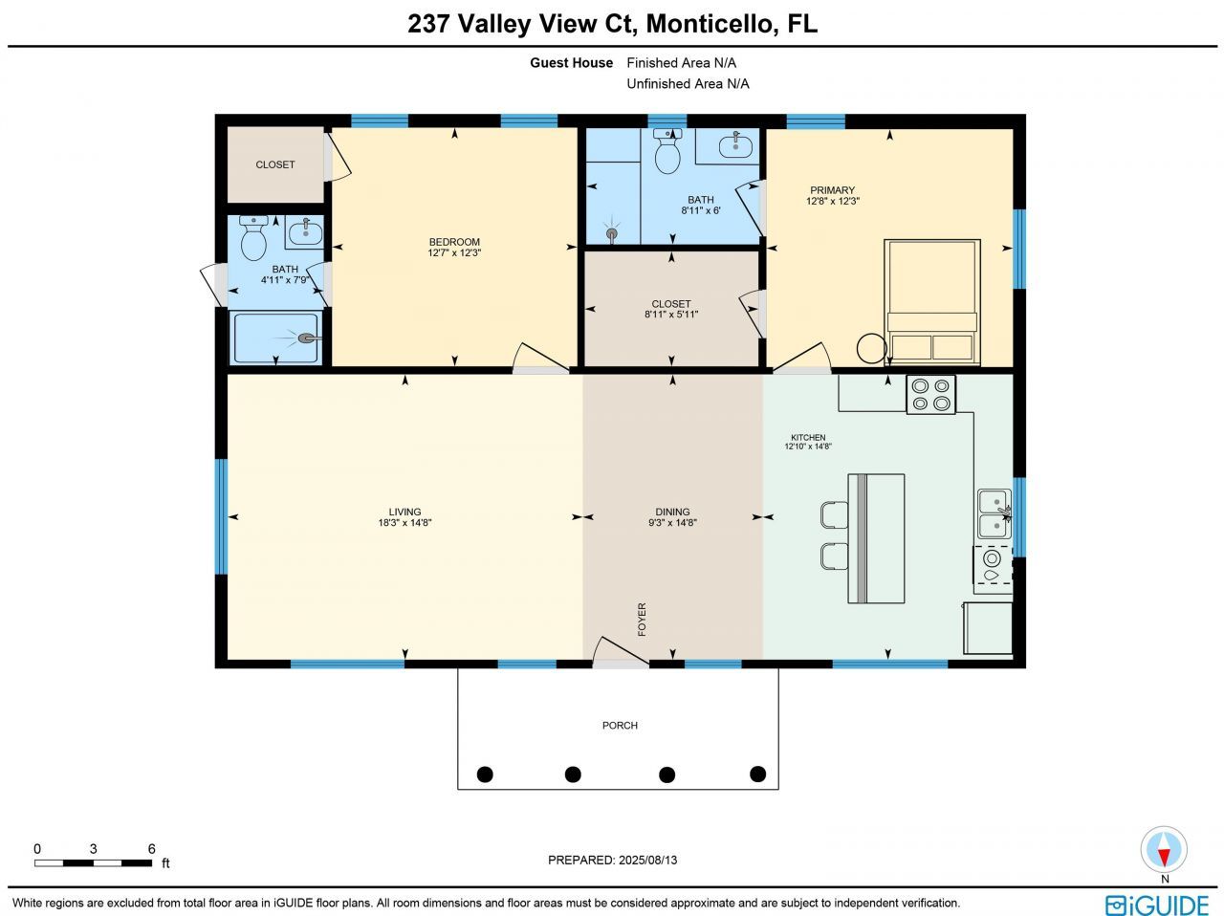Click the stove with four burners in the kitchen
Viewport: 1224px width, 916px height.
[x=930, y=394]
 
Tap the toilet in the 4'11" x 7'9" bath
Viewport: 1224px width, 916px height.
[x=253, y=240]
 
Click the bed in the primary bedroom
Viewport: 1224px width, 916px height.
[x=932, y=301]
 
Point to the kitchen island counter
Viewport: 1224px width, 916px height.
[x=876, y=538]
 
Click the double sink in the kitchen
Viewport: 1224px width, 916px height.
[x=994, y=514]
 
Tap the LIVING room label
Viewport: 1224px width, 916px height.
[x=404, y=512]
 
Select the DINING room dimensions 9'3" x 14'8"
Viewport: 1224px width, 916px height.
[x=673, y=523]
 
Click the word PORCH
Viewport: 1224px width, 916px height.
[x=620, y=726]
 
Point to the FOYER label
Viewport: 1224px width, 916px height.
[x=642, y=619]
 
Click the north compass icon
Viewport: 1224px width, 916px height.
[x=1164, y=850]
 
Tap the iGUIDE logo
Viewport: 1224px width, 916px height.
[x=1157, y=905]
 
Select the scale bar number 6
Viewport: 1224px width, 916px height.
[x=151, y=848]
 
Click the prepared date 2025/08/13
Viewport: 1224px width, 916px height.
[x=645, y=860]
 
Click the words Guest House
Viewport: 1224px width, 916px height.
[x=572, y=63]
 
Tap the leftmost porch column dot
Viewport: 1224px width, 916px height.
[x=485, y=774]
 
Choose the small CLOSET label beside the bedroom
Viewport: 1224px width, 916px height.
[x=275, y=164]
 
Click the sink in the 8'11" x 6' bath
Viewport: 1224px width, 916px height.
[x=735, y=146]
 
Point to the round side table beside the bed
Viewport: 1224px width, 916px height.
[x=871, y=348]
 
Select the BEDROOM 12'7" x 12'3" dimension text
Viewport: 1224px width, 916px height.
[x=454, y=253]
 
